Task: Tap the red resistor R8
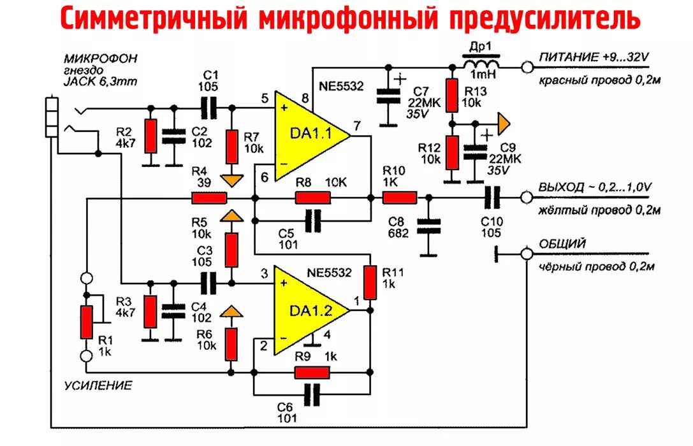click(312, 198)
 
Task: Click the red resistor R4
click(209, 198)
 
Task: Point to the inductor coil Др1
click(480, 65)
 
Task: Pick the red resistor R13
click(452, 96)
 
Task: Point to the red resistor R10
click(400, 198)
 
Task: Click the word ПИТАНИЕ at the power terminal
click(565, 57)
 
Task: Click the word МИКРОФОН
click(106, 59)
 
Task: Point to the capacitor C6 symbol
click(312, 395)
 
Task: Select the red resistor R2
click(151, 136)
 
